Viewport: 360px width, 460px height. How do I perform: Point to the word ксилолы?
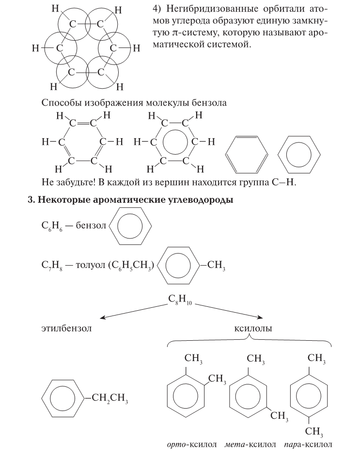click(x=253, y=328)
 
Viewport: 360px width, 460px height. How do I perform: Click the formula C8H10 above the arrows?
click(x=180, y=298)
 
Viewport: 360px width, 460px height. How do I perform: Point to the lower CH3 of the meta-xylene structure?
click(x=280, y=416)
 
